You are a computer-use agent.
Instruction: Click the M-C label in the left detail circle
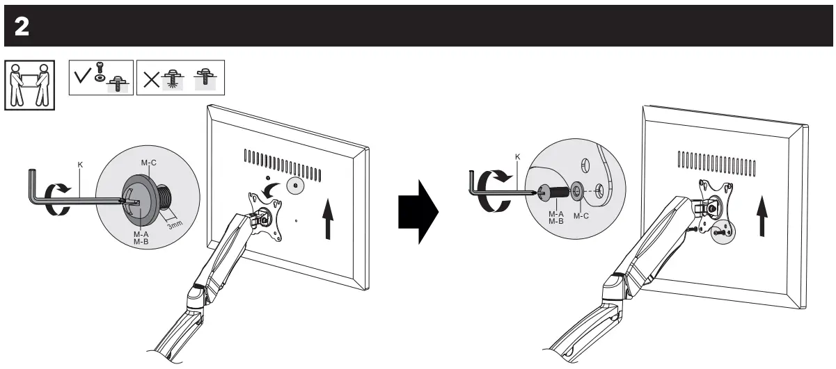tap(148, 163)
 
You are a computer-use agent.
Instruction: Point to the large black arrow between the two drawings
tap(417, 210)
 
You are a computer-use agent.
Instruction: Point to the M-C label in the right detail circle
tap(581, 216)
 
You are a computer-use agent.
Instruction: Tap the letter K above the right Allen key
tap(516, 158)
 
